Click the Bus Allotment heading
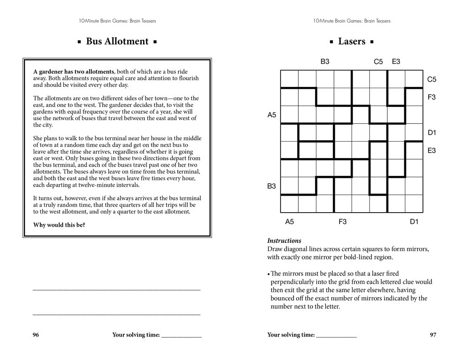pyautogui.click(x=117, y=41)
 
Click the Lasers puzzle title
pyautogui.click(x=351, y=41)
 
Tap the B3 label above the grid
pyautogui.click(x=325, y=61)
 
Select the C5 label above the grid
pyautogui.click(x=378, y=61)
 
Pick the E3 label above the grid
pyautogui.click(x=396, y=61)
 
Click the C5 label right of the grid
pyautogui.click(x=431, y=79)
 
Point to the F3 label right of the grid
pyautogui.click(x=431, y=97)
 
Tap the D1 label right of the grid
pyautogui.click(x=431, y=133)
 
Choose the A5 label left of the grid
pyautogui.click(x=272, y=115)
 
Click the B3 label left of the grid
pyautogui.click(x=272, y=186)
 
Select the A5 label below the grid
pyautogui.click(x=289, y=222)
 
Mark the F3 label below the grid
pyautogui.click(x=343, y=222)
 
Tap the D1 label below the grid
pyautogui.click(x=414, y=222)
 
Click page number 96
pyautogui.click(x=36, y=335)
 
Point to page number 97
pyautogui.click(x=433, y=335)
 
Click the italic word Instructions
pyautogui.click(x=284, y=240)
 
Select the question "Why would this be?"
pyautogui.click(x=59, y=225)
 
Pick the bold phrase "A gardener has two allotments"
pyautogui.click(x=74, y=72)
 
